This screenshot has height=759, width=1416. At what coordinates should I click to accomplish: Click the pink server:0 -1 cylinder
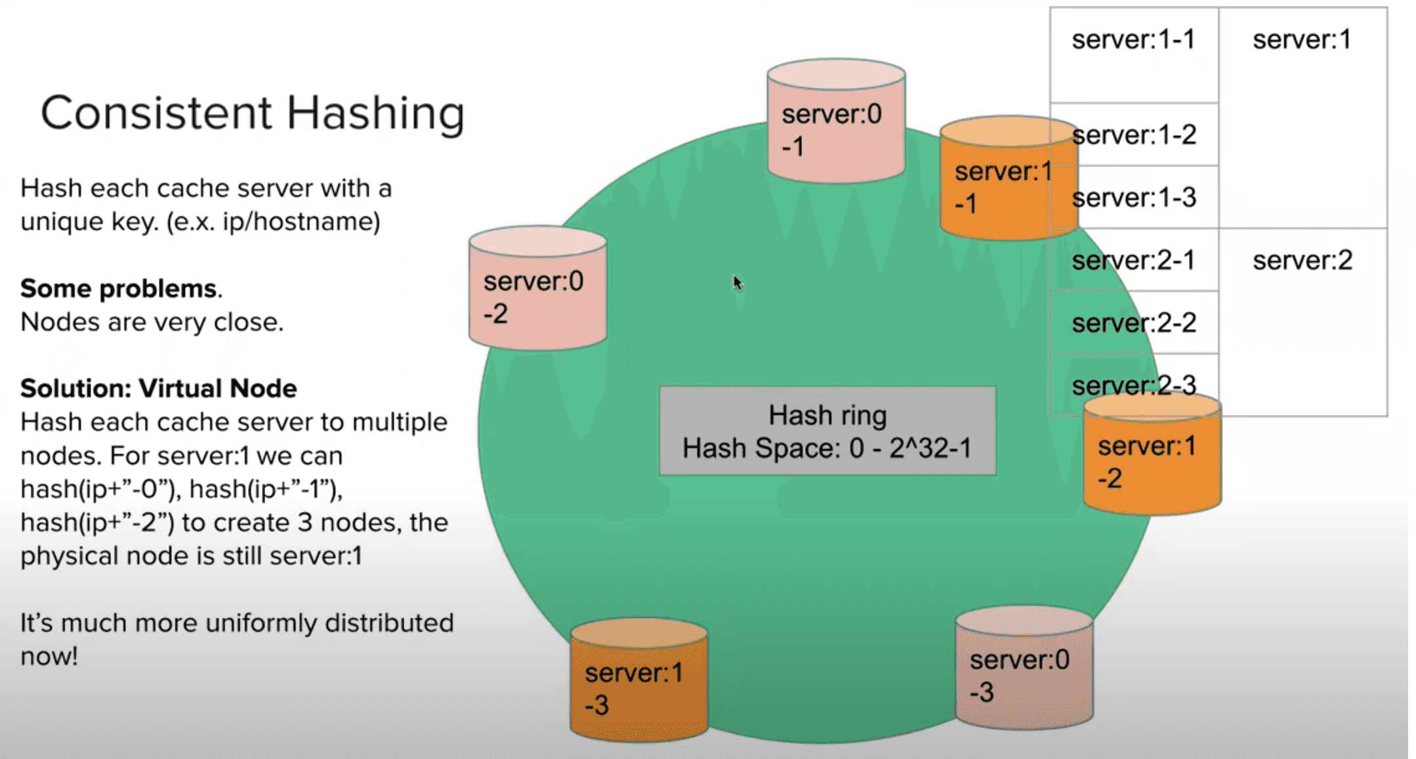point(836,125)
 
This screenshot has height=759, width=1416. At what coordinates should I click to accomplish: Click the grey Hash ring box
point(827,431)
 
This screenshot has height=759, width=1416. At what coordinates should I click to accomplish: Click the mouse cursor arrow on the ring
point(738,283)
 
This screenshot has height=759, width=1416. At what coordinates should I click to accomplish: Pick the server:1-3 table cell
point(1134,198)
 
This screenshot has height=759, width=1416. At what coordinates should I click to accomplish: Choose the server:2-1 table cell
point(1133,261)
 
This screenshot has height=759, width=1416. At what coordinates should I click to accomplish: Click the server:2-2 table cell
point(1134,323)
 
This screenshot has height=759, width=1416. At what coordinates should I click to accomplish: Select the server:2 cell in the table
point(1302,261)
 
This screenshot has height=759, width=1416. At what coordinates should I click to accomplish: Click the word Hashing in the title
point(375,113)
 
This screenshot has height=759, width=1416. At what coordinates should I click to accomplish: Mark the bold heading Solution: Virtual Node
point(158,389)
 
